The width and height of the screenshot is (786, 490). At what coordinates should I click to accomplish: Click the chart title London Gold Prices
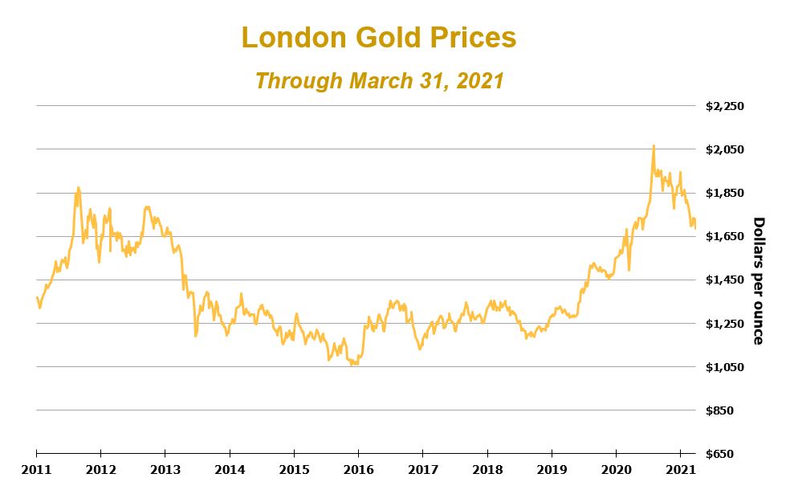point(379,38)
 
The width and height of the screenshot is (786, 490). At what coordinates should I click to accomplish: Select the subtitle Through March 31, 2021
point(379,81)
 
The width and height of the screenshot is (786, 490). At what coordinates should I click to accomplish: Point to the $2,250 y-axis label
point(725,106)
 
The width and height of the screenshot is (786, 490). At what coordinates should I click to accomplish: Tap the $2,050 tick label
point(725,149)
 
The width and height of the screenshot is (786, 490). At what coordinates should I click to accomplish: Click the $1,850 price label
point(725,193)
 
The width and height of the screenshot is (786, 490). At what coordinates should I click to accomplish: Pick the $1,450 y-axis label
point(725,280)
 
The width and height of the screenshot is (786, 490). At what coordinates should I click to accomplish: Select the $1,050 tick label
point(725,367)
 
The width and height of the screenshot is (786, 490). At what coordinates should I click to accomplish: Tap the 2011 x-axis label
point(36,468)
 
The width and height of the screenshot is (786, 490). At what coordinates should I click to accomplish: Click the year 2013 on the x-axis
point(165,468)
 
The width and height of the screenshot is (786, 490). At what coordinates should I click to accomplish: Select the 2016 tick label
point(358,468)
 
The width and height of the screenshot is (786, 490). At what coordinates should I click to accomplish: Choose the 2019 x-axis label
point(552,468)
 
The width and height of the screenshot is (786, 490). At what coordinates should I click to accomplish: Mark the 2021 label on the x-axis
point(681,468)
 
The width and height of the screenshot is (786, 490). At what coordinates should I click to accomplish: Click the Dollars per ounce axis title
point(757,280)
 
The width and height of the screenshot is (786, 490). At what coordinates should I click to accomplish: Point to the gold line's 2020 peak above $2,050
point(654,146)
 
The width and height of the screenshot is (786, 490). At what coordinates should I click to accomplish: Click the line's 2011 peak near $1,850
point(78,188)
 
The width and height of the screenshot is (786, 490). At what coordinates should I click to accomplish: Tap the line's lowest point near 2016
point(354,365)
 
